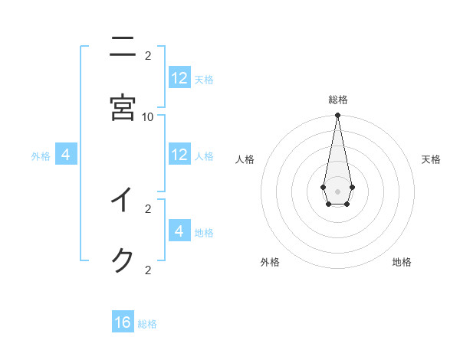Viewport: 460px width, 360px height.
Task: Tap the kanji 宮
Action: point(123,107)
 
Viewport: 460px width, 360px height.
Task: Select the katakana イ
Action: point(123,201)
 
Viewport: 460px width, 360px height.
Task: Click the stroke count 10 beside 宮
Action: point(148,116)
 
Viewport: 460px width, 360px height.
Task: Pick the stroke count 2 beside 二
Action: point(148,55)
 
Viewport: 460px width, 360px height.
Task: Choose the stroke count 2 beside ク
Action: point(148,270)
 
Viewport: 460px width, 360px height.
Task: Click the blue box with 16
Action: point(123,322)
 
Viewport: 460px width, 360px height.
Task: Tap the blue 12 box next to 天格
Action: point(179,78)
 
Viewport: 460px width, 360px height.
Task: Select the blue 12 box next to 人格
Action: point(179,155)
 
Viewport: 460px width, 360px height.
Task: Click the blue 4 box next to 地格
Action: point(179,231)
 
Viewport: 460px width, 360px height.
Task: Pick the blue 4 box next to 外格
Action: point(66,155)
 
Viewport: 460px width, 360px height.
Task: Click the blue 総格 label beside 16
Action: point(147,324)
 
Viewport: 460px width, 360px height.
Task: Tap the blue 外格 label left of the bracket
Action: point(41,156)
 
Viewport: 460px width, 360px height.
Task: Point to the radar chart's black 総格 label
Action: point(338,100)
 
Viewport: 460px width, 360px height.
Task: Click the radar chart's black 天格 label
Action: point(431,159)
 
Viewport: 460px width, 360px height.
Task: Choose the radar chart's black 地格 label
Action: point(402,262)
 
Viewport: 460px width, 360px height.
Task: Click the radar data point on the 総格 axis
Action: point(337,115)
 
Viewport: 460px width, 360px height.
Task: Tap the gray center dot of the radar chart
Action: point(337,191)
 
